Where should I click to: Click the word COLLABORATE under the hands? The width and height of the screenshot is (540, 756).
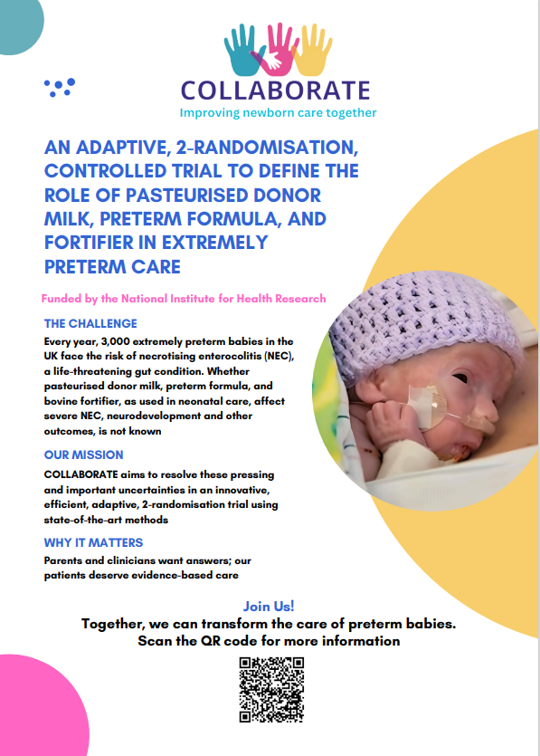[x=275, y=91]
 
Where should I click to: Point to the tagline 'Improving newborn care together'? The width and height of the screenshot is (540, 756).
[x=278, y=113]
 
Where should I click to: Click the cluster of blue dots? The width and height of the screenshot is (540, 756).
[x=60, y=87]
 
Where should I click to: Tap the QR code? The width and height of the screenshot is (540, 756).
[x=270, y=690]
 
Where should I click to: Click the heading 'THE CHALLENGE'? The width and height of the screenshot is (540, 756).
[x=90, y=323]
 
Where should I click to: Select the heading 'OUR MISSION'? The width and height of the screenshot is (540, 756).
[x=83, y=455]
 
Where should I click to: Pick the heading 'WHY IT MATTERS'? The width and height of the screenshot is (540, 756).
[x=93, y=542]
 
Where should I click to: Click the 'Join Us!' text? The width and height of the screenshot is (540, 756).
[x=269, y=607]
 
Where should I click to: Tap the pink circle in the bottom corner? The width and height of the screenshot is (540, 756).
[x=18, y=715]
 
